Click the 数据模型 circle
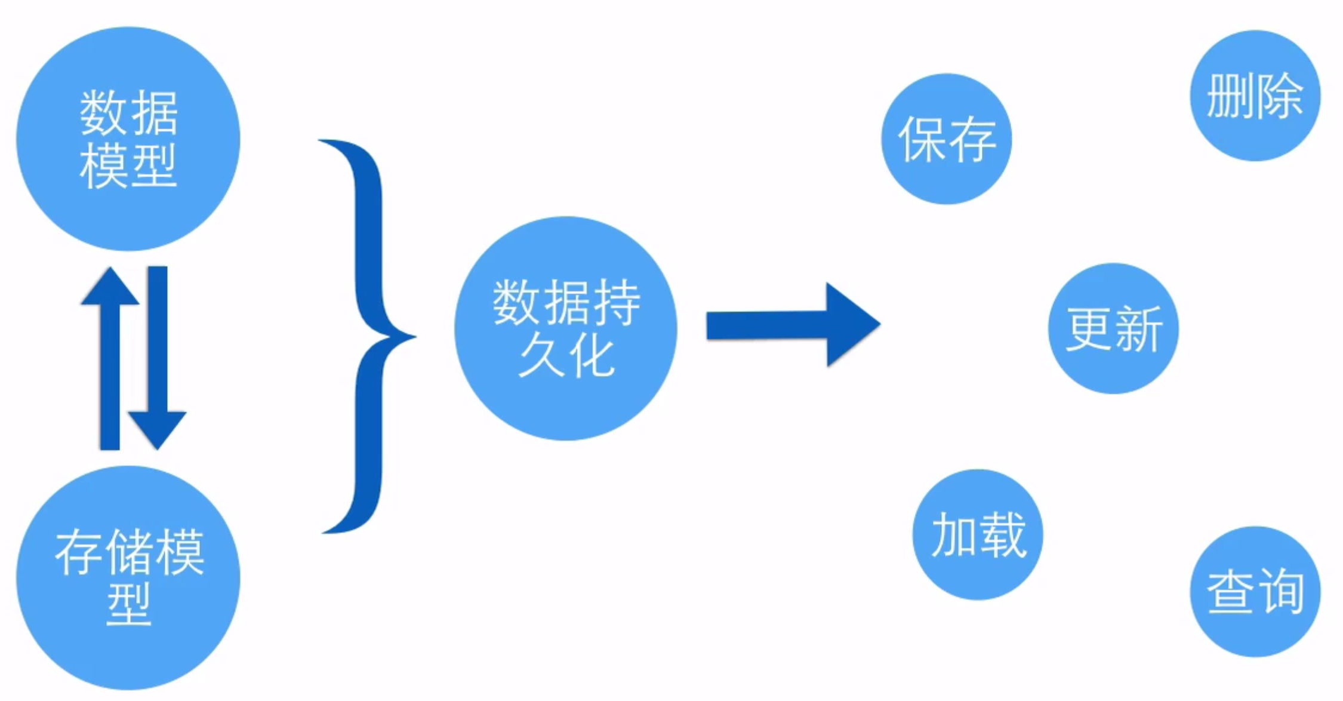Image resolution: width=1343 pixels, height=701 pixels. click(x=128, y=139)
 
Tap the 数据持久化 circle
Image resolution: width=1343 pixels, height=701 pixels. click(x=565, y=328)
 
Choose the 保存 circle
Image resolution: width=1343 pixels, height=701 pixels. click(x=946, y=139)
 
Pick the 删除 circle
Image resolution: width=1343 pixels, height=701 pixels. click(x=1255, y=96)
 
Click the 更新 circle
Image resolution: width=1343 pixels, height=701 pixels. click(x=1113, y=328)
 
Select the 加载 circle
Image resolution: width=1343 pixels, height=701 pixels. click(x=978, y=534)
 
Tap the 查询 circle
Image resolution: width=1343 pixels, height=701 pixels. click(x=1255, y=591)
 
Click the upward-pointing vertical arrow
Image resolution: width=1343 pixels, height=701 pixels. click(x=110, y=358)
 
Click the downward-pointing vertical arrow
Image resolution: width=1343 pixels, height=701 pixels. click(x=158, y=358)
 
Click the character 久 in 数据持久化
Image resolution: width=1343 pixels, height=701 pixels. click(x=540, y=356)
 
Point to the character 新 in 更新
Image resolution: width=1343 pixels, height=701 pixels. click(x=1138, y=328)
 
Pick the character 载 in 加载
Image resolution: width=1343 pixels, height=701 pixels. click(x=1003, y=534)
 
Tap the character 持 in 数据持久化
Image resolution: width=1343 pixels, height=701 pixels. click(x=616, y=303)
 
